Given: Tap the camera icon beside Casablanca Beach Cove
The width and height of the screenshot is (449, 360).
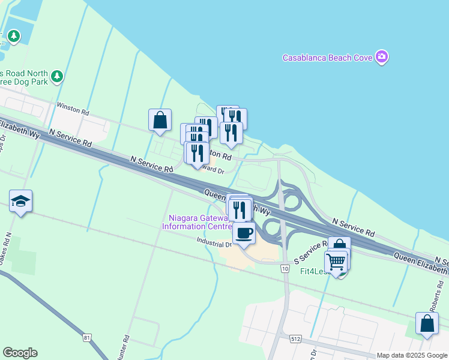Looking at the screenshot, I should click(382, 57).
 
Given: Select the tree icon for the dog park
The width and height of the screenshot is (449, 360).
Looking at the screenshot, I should click(57, 76).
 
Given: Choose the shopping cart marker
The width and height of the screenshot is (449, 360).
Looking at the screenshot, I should click(336, 262).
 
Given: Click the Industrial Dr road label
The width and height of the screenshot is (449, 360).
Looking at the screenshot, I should click(214, 243).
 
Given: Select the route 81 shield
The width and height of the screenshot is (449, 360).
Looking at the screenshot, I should click(88, 338).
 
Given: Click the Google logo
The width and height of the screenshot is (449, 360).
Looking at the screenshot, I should click(20, 353).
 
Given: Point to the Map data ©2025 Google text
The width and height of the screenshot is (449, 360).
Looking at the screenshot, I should click(412, 355).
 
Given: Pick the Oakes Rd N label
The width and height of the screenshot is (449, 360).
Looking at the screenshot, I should click(5, 249).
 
